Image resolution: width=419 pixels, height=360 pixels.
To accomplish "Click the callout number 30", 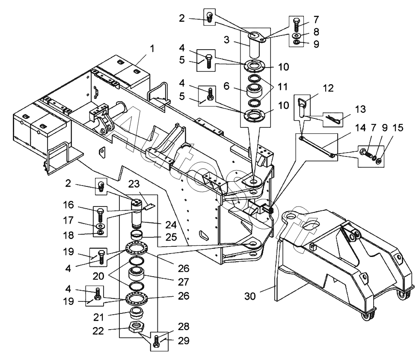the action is coord(250,296).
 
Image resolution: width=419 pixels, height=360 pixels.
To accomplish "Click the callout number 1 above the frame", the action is coord(152,49).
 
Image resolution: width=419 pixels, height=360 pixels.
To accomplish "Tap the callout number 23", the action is coord(134,184).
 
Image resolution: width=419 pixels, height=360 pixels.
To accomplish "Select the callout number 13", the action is coord(360,109).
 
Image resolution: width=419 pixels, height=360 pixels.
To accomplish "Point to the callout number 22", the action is coord(98,331).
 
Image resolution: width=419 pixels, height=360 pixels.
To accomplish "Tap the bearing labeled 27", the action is coord(137,274).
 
